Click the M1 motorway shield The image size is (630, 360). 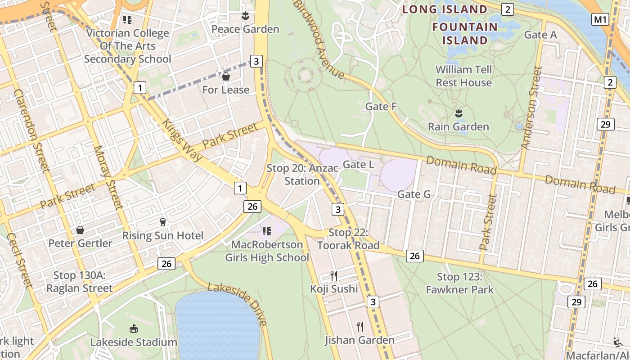[600, 19]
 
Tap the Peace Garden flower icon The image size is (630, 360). [245, 16]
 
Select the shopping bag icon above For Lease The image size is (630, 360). [226, 76]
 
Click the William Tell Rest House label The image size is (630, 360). [463, 76]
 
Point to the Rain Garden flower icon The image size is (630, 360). [459, 113]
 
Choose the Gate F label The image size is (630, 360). [381, 107]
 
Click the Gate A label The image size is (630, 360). [540, 35]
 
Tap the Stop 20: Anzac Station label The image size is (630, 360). [302, 175]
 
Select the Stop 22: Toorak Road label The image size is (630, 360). [348, 239]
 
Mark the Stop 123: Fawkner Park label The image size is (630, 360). [459, 283]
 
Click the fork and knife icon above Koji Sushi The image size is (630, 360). [334, 275]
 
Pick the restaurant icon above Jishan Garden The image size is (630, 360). [360, 326]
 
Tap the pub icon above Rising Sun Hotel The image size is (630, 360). [163, 222]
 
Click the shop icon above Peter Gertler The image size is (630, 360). [80, 230]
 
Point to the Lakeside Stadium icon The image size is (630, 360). [134, 328]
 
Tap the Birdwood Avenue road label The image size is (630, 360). [319, 40]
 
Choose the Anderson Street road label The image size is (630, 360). [531, 108]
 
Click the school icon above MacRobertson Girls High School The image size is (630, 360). [266, 231]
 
